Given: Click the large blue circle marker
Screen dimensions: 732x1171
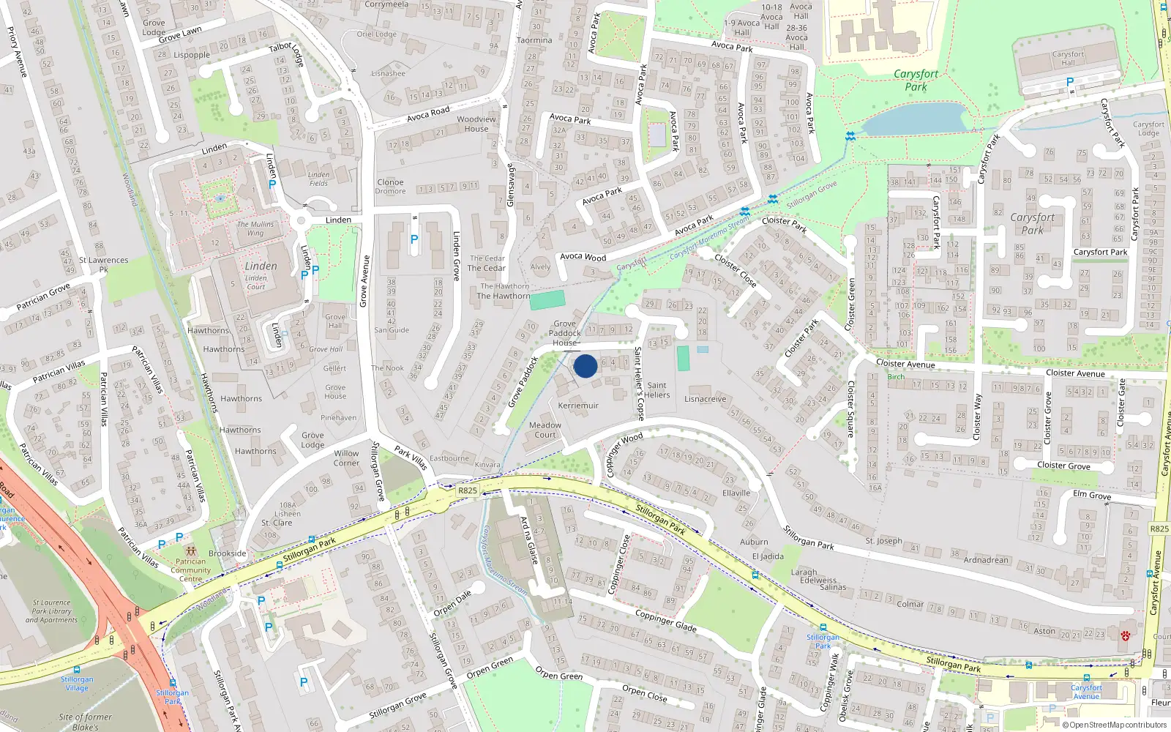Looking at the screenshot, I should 585,366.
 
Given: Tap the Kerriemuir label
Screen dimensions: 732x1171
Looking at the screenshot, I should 578,406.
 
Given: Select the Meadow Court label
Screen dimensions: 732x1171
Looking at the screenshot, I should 545,430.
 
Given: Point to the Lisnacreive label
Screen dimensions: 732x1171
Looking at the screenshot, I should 706,399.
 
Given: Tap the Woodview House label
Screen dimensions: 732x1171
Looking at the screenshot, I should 476,124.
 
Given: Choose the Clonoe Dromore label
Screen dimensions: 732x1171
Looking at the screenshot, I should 390,187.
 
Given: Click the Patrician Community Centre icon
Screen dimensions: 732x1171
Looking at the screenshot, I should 191,551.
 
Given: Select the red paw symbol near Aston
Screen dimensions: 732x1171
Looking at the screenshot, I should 1126,635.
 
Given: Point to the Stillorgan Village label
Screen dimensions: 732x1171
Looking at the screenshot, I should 77,684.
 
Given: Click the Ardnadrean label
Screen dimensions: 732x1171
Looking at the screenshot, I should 986,560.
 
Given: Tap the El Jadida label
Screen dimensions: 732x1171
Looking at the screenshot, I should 768,556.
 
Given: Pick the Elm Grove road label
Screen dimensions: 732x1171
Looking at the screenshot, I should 1092,496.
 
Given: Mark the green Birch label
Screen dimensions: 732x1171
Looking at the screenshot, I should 896,377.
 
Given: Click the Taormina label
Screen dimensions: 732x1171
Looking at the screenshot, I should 534,40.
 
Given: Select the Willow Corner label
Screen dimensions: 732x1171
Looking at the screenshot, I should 347,458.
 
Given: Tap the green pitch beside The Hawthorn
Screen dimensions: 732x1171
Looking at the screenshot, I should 547,300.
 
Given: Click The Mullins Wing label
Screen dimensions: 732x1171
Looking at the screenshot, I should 255,228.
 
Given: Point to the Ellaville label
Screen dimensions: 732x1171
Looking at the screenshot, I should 736,493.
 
